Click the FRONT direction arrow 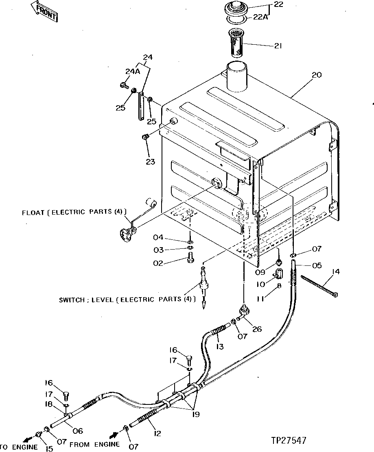pos(44,11)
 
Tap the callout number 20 pos(316,75)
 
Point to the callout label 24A pos(132,72)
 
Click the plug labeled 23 pos(144,138)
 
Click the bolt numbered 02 pos(190,258)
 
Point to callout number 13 pos(220,346)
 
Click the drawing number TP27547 pos(289,440)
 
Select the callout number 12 pos(157,434)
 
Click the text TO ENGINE pos(19,447)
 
